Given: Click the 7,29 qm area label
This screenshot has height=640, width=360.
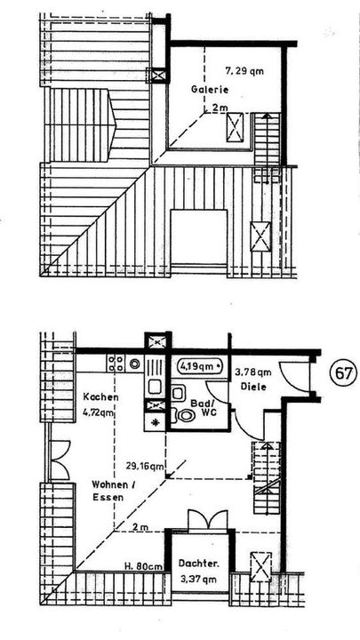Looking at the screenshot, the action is pyautogui.click(x=244, y=71).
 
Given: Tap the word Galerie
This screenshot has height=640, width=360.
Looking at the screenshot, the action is pyautogui.click(x=210, y=90).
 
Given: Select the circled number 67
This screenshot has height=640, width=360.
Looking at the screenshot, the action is pyautogui.click(x=343, y=373).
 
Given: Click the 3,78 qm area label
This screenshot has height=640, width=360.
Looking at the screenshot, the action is pyautogui.click(x=253, y=372).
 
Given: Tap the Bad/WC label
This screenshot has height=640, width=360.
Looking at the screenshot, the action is pyautogui.click(x=204, y=407).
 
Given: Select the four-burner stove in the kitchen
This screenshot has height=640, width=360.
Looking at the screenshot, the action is pyautogui.click(x=116, y=363).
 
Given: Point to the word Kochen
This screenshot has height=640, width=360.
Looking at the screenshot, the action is pyautogui.click(x=100, y=396).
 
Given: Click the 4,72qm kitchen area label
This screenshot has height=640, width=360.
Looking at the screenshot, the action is pyautogui.click(x=98, y=412).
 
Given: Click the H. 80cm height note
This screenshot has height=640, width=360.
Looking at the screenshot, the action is pyautogui.click(x=144, y=566).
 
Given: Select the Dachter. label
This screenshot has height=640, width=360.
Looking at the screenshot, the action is pyautogui.click(x=199, y=564).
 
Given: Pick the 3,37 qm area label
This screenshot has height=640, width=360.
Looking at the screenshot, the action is pyautogui.click(x=200, y=579).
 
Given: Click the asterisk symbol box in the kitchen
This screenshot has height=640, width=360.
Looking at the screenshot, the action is pyautogui.click(x=155, y=422).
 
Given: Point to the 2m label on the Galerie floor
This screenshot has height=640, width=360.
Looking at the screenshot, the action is pyautogui.click(x=220, y=108).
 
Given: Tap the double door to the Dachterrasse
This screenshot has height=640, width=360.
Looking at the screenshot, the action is pyautogui.click(x=207, y=520).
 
